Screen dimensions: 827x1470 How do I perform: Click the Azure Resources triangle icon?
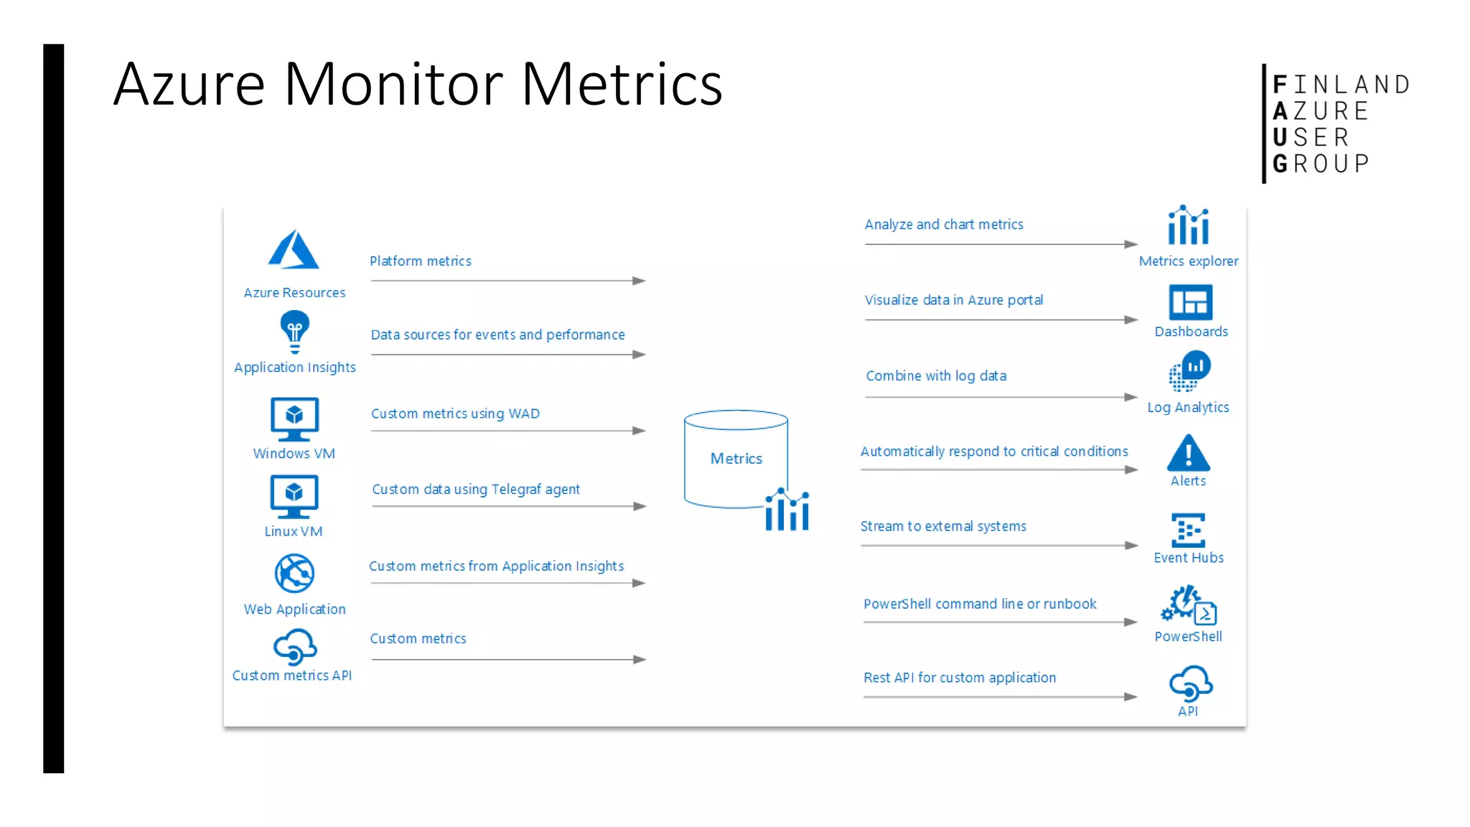point(293,251)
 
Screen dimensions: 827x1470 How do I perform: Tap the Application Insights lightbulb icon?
point(294,330)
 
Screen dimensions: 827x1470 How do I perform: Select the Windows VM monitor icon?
point(294,419)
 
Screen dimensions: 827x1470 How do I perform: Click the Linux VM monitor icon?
point(294,495)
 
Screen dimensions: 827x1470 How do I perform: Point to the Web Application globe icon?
point(294,573)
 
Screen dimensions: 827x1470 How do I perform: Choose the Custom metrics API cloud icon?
point(294,647)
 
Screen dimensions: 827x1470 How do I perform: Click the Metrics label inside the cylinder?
point(736,459)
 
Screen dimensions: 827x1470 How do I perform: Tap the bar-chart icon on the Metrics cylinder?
point(787,510)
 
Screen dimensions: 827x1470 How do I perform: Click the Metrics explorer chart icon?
point(1188,226)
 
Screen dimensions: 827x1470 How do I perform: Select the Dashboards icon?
point(1190,302)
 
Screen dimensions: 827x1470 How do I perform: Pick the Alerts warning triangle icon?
point(1188,454)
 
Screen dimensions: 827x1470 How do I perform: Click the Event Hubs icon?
point(1188,531)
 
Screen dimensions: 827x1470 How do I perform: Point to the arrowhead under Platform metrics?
point(639,281)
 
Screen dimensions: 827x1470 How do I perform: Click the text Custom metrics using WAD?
point(455,413)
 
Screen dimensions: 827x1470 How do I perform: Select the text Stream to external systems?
point(943,526)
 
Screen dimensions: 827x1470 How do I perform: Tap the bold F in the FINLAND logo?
point(1280,85)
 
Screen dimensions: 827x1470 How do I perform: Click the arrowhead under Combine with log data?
point(1130,397)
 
